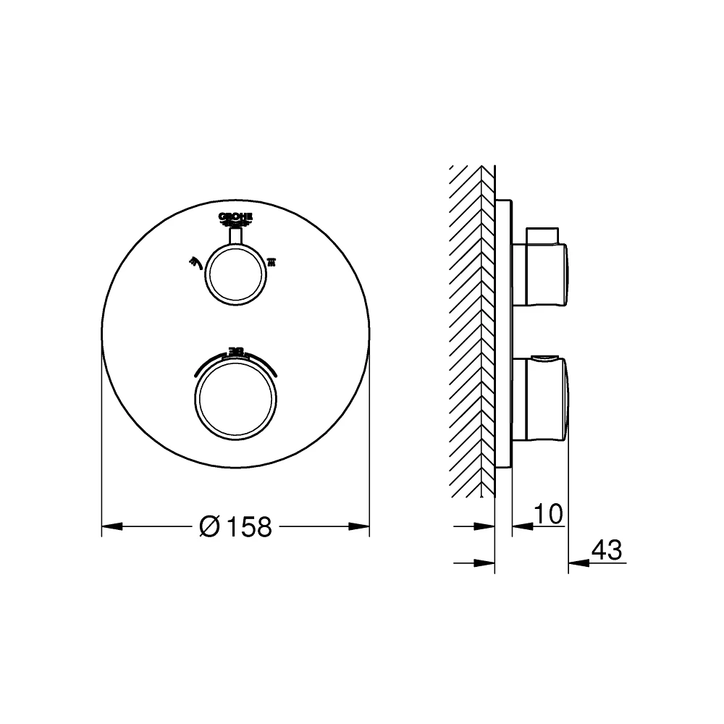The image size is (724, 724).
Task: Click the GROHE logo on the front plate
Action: tap(235, 217)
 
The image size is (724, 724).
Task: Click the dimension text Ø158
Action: tap(235, 527)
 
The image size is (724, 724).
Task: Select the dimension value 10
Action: tap(547, 515)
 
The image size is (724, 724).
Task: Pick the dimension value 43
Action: tap(607, 551)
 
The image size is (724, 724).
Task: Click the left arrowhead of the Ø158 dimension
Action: tap(110, 526)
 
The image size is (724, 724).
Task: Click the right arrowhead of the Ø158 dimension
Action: tap(361, 526)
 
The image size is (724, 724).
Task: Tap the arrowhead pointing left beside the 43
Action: tap(577, 563)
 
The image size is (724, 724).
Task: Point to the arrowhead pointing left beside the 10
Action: tap(521, 526)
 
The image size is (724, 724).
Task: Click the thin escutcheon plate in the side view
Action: tap(504, 333)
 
